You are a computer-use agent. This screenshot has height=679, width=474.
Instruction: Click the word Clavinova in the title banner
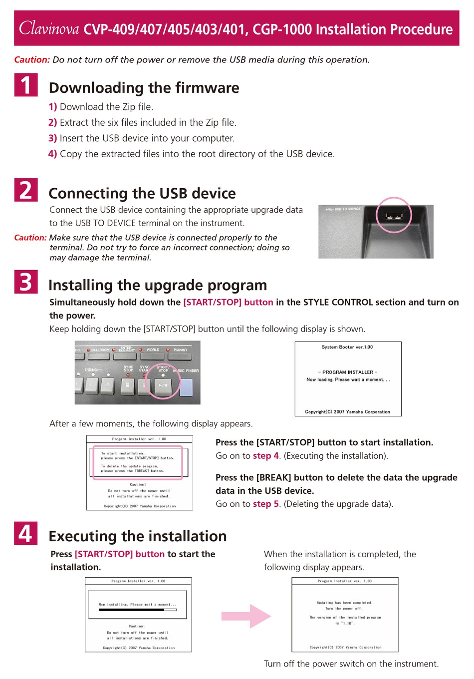(x=49, y=28)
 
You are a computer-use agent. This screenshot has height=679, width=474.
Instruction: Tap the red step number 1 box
(x=26, y=85)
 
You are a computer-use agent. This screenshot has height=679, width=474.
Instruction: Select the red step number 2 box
(x=26, y=190)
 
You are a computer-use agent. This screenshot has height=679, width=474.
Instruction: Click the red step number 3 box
(x=26, y=282)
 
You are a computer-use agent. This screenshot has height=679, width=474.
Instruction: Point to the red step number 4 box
(x=26, y=533)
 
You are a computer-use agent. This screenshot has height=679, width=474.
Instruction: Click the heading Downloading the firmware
(x=144, y=88)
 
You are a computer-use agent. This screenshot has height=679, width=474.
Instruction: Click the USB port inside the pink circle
(x=393, y=216)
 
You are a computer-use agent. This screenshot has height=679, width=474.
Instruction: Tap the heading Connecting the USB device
(x=142, y=193)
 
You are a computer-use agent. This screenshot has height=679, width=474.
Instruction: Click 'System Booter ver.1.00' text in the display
(x=347, y=347)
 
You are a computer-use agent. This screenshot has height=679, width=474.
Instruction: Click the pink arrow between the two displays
(x=246, y=616)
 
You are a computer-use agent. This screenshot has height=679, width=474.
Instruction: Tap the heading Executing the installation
(x=138, y=536)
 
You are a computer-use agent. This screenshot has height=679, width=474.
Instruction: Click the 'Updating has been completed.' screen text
(x=345, y=603)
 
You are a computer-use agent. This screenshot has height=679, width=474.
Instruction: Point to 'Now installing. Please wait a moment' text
(x=137, y=605)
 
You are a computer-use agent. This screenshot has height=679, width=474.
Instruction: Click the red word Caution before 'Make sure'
(x=30, y=238)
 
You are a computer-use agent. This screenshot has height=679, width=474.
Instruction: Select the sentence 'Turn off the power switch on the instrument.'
(x=351, y=664)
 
